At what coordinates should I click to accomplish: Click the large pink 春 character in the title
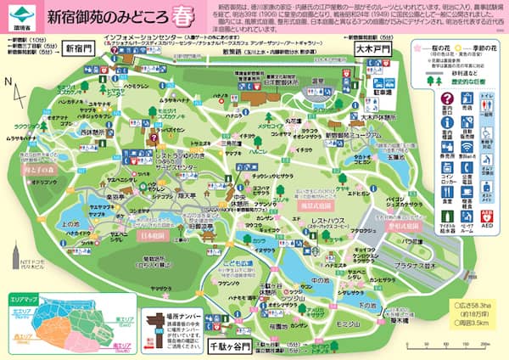pyautogui.click(x=184, y=14)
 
